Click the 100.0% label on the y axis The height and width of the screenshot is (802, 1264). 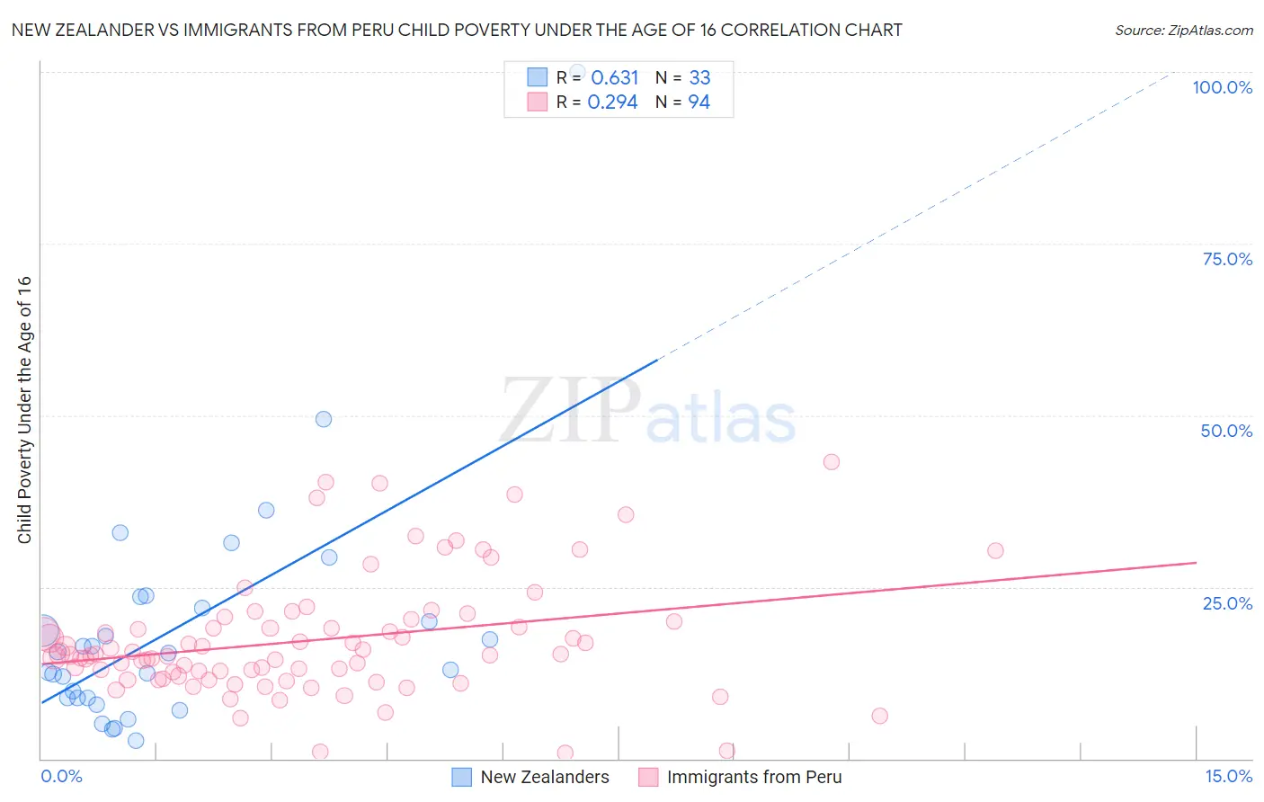click(1222, 87)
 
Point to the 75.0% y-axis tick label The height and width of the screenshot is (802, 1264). click(1227, 259)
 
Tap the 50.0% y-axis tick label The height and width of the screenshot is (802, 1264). click(1226, 431)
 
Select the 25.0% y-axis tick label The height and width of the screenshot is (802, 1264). click(1227, 602)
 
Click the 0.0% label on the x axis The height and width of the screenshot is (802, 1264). click(61, 776)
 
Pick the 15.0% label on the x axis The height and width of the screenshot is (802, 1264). click(1228, 776)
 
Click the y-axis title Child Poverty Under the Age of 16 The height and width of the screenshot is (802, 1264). click(24, 409)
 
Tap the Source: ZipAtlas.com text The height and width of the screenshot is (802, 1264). click(1183, 30)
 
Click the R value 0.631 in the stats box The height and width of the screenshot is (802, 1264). click(614, 77)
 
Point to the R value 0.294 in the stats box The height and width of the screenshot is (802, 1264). click(612, 102)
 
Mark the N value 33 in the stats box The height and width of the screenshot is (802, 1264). click(699, 77)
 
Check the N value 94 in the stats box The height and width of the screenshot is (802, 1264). click(699, 102)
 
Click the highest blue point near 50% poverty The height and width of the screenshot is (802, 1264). click(324, 419)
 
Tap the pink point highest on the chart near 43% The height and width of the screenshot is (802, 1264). click(832, 462)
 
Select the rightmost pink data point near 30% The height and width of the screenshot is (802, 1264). click(995, 550)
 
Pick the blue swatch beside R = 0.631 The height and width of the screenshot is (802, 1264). click(537, 77)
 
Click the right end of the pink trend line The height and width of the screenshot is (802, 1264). click(1196, 562)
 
